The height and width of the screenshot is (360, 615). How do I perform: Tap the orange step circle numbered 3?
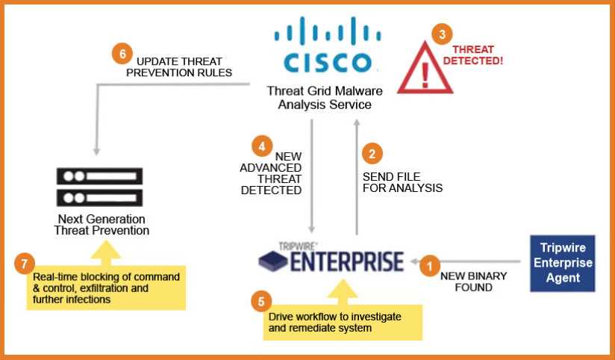(x=443, y=34)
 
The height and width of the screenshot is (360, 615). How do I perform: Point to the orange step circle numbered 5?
(x=260, y=302)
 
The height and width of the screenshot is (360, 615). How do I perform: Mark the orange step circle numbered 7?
(x=25, y=264)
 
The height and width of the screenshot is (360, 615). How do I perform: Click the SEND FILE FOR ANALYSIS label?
(x=402, y=182)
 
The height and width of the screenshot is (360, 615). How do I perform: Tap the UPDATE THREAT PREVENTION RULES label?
(x=179, y=66)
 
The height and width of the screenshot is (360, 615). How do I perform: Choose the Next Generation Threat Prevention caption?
(x=102, y=225)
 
